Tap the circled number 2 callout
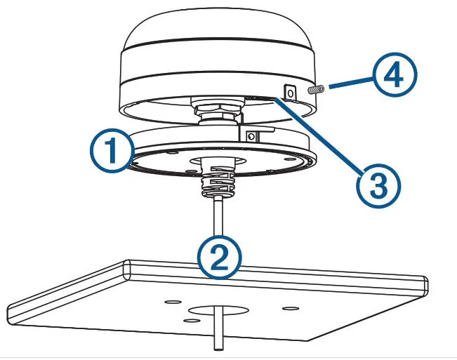(x=220, y=256)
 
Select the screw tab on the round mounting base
(x=255, y=133)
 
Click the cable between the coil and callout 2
(x=220, y=218)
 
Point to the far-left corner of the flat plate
(x=10, y=309)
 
